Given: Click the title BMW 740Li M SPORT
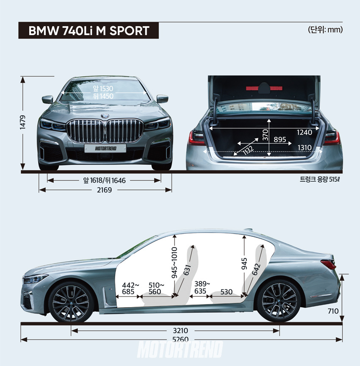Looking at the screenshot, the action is coord(89,31).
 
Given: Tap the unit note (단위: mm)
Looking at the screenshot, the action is coord(325,30).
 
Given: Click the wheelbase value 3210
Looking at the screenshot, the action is coord(180,330).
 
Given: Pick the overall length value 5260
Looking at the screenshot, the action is coord(180,339).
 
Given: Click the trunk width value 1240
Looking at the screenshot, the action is coord(304,132).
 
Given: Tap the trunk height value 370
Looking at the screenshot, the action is coord(265,135).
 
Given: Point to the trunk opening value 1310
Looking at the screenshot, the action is coord(304,147).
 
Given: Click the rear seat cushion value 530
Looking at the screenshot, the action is coord(227,291).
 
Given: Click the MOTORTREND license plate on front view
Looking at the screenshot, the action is coord(105,148).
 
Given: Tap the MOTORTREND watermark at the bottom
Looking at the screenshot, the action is coord(180,350).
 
